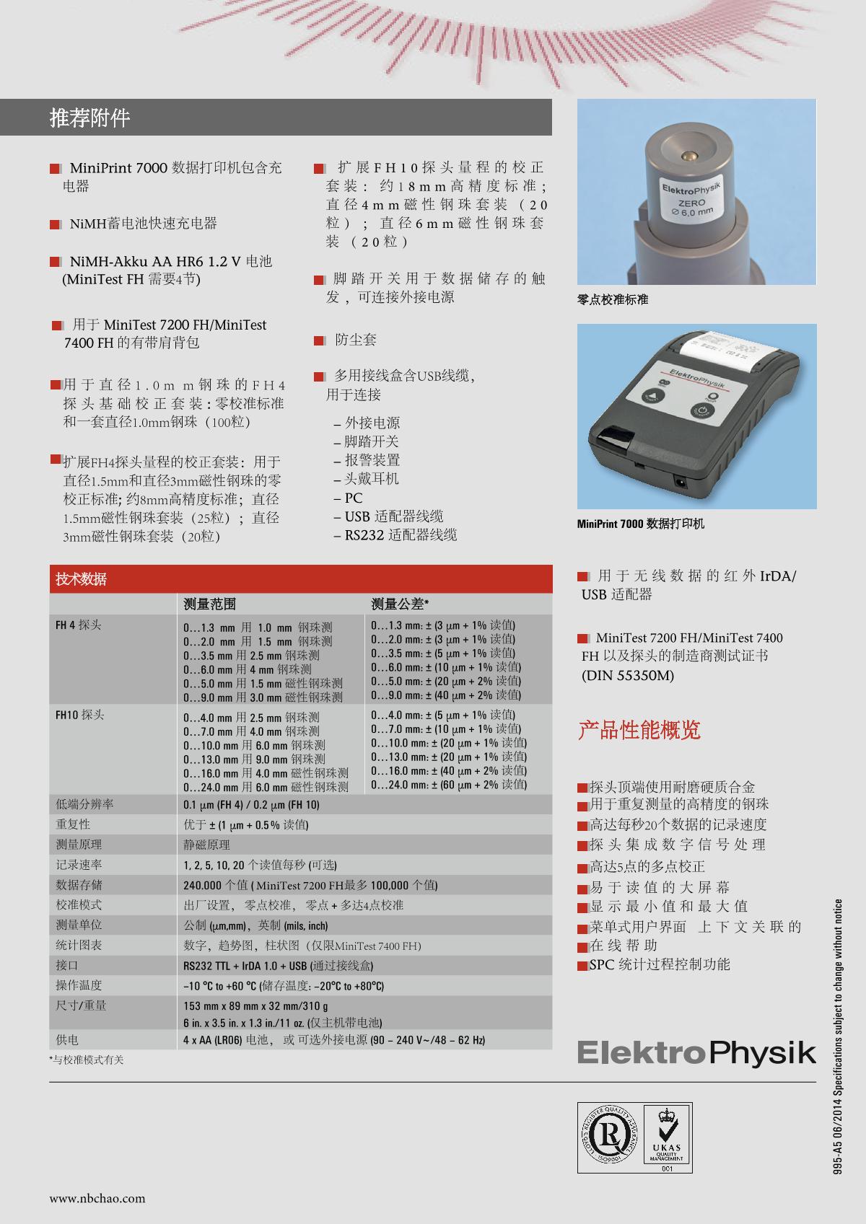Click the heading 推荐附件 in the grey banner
tap(89, 118)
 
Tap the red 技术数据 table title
tap(81, 578)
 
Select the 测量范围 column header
tap(209, 604)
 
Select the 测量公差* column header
tap(400, 604)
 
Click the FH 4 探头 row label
tap(78, 625)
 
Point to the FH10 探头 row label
tap(79, 715)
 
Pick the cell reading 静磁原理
tap(206, 845)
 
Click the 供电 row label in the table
tap(67, 1039)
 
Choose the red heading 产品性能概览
tap(639, 729)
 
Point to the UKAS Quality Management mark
tap(667, 1137)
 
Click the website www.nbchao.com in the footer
tap(97, 1198)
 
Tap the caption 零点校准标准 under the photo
tap(613, 299)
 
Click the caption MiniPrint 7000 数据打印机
tap(641, 524)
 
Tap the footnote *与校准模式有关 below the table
tap(87, 1060)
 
